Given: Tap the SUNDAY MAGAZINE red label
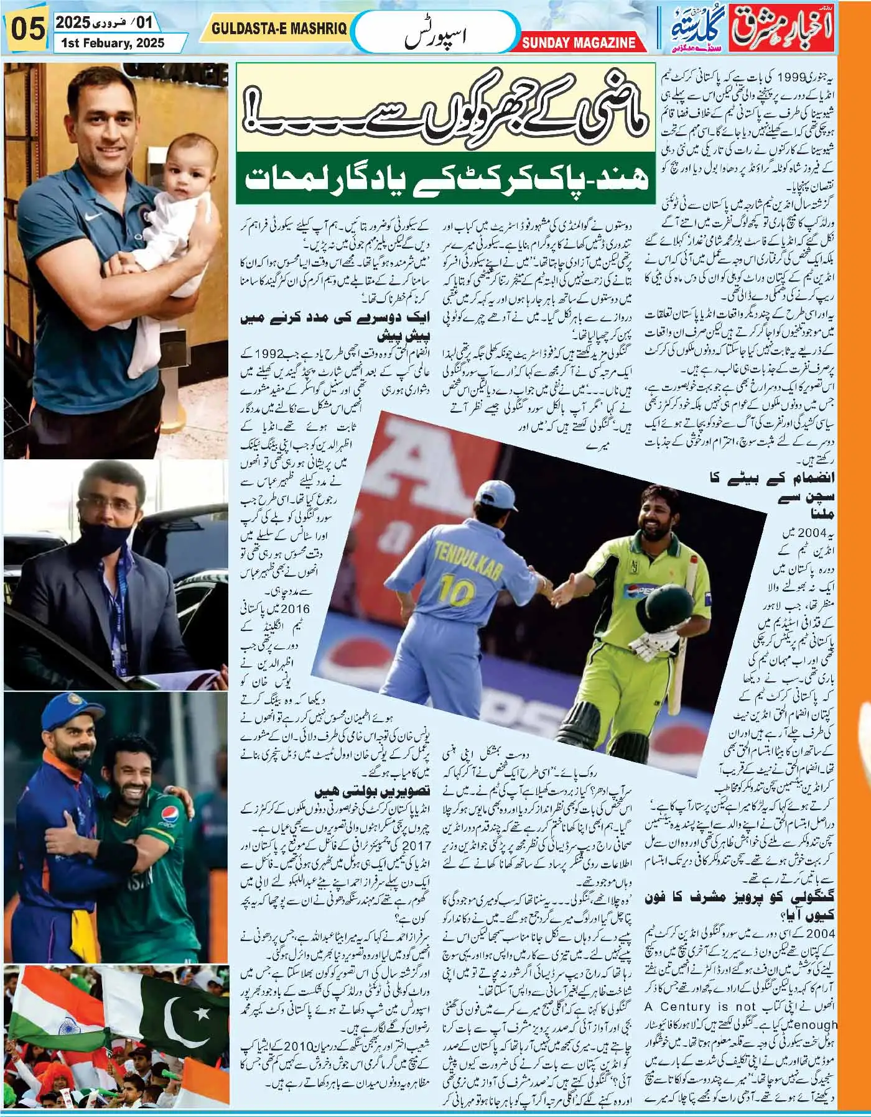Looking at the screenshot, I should pyautogui.click(x=579, y=42).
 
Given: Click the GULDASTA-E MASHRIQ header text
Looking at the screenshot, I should pyautogui.click(x=279, y=29).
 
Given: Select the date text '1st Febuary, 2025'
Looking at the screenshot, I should pyautogui.click(x=113, y=43).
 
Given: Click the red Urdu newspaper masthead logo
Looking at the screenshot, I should pyautogui.click(x=784, y=29).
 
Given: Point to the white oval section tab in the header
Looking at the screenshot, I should pyautogui.click(x=435, y=32).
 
